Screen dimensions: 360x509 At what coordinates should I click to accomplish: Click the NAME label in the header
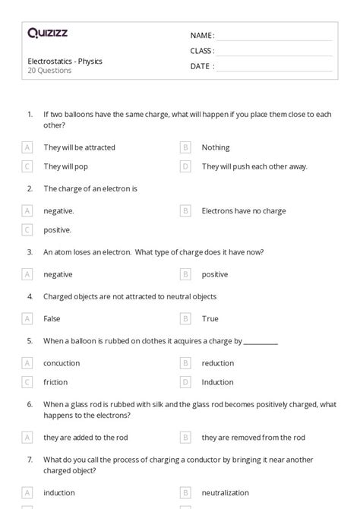pos(201,35)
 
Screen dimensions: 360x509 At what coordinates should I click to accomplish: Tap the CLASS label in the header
pos(202,51)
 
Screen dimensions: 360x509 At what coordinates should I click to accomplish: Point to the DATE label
pos(201,66)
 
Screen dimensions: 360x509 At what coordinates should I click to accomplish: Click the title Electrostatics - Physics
pos(65,61)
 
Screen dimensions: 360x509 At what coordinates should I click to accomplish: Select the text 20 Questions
pos(49,71)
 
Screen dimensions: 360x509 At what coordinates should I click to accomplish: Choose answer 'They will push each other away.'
pos(254,166)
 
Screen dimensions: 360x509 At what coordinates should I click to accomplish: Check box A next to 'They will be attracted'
pos(27,147)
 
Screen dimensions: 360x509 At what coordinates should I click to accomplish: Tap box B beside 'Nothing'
pos(185,147)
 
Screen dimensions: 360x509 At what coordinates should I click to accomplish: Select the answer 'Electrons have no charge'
pos(243,211)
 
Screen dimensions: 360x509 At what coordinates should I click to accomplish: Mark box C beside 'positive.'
pos(27,229)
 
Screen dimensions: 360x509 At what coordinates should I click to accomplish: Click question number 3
pos(30,251)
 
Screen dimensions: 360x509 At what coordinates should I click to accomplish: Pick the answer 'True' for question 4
pos(210,319)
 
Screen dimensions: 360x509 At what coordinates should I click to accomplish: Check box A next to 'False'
pos(27,319)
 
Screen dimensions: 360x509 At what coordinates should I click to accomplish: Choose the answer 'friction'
pos(55,382)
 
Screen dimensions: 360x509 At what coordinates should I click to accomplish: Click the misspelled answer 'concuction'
pos(62,363)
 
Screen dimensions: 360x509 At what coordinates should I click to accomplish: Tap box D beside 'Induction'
pos(185,382)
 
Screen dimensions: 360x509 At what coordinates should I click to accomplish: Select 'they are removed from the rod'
pos(253,437)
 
